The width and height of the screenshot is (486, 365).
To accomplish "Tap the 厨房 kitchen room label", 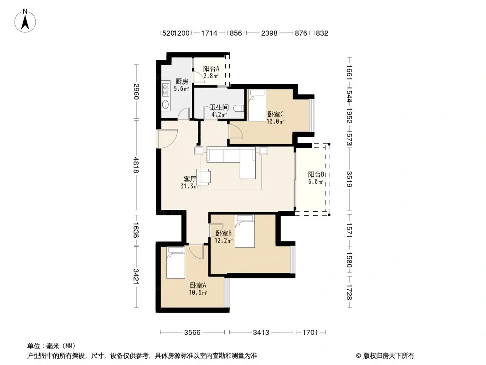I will (182, 82).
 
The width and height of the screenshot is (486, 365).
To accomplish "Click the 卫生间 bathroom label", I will (218, 108).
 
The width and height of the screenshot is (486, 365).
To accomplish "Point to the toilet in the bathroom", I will (238, 109).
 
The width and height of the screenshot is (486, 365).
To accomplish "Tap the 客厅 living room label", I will (190, 179).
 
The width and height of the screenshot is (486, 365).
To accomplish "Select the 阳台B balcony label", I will (315, 174).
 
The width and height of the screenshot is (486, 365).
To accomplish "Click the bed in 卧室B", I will (245, 231).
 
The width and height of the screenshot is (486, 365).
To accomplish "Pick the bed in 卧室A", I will (176, 262).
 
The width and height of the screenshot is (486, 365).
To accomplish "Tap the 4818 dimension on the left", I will (135, 167).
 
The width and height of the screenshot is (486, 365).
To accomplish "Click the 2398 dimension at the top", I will (269, 33).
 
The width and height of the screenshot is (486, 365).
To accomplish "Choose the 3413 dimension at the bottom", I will (261, 332).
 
